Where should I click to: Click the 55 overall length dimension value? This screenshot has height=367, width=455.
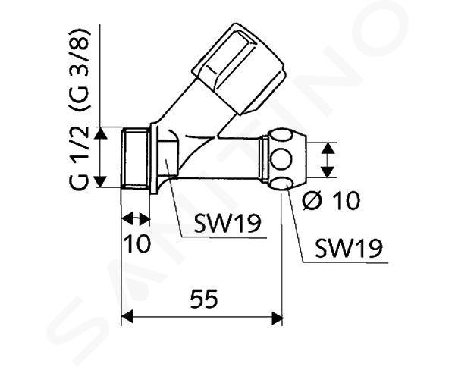pyautogui.click(x=204, y=299)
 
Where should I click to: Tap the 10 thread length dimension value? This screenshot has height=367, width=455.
pyautogui.click(x=137, y=243)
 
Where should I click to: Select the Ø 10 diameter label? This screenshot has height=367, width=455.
pyautogui.click(x=331, y=200)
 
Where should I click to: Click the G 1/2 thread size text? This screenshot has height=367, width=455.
pyautogui.click(x=79, y=158)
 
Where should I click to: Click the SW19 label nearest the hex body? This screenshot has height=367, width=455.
pyautogui.click(x=227, y=224)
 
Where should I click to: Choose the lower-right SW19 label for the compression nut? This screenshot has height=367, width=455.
pyautogui.click(x=349, y=248)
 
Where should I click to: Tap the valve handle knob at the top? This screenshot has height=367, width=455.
pyautogui.click(x=239, y=69)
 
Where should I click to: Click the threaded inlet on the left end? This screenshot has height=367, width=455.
pyautogui.click(x=135, y=158)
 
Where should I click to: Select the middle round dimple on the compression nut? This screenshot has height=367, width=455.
pyautogui.click(x=281, y=159)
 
